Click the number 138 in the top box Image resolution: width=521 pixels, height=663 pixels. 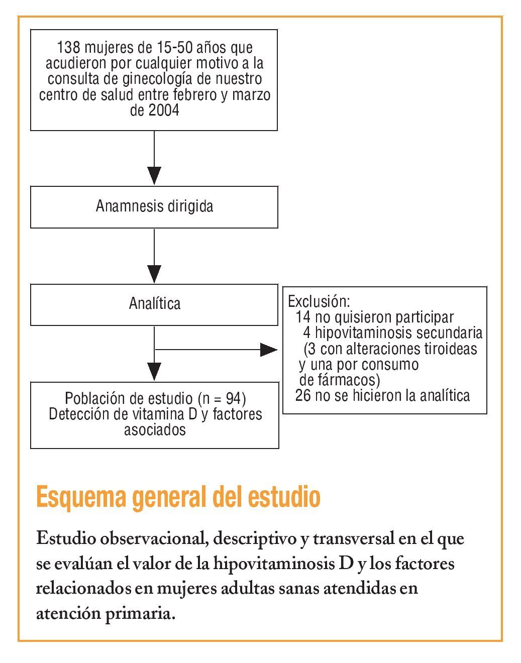click(x=69, y=48)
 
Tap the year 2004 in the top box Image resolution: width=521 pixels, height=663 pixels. click(x=164, y=111)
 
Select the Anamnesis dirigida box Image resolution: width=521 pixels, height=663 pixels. click(x=154, y=206)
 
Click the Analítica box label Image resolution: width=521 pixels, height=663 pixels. click(x=154, y=303)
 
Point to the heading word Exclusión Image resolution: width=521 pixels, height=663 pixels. click(x=319, y=301)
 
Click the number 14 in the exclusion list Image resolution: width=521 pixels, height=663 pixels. click(x=303, y=317)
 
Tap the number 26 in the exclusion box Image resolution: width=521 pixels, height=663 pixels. click(x=303, y=396)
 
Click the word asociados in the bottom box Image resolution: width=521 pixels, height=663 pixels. click(x=155, y=430)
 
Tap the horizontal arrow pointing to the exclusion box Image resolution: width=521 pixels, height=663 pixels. click(x=216, y=349)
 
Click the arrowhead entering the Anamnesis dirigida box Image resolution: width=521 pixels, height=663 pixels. click(x=154, y=176)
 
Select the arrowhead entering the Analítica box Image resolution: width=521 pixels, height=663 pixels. click(x=154, y=274)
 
